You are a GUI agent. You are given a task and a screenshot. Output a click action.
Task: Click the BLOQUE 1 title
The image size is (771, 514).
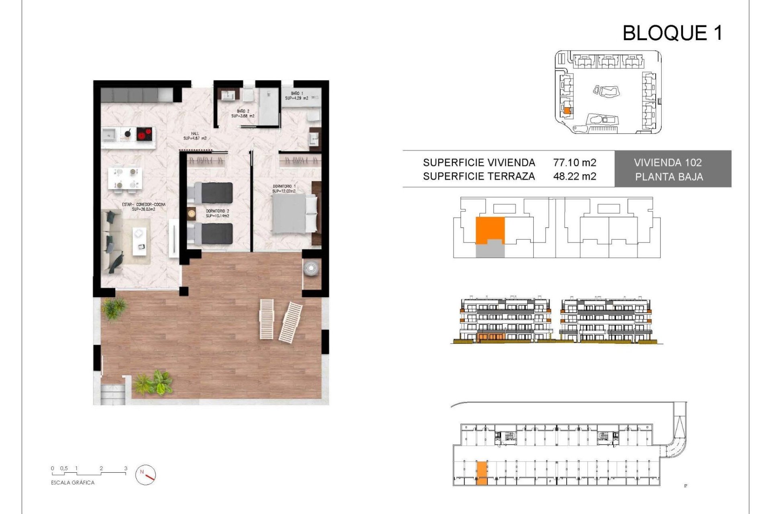(672, 33)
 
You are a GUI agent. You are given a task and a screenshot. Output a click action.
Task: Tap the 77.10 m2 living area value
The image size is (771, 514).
(574, 163)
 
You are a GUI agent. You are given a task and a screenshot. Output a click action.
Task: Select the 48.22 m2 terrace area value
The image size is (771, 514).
(574, 176)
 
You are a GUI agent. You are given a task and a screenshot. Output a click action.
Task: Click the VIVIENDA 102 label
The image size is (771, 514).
(668, 163)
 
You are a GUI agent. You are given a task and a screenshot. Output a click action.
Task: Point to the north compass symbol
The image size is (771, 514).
(146, 475)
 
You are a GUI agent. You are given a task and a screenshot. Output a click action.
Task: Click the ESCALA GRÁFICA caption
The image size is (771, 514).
(73, 483)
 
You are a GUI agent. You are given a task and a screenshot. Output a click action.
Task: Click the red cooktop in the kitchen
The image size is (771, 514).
(145, 133)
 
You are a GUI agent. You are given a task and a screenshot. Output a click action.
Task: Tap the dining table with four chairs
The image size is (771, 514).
(125, 179)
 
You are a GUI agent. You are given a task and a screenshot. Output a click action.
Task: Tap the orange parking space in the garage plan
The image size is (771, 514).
(481, 473)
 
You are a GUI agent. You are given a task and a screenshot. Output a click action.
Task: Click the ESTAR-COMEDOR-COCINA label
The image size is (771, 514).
(143, 207)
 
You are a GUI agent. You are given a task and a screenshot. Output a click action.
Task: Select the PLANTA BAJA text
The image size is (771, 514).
(669, 177)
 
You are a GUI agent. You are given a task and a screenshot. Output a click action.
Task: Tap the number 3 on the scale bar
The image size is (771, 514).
(126, 468)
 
